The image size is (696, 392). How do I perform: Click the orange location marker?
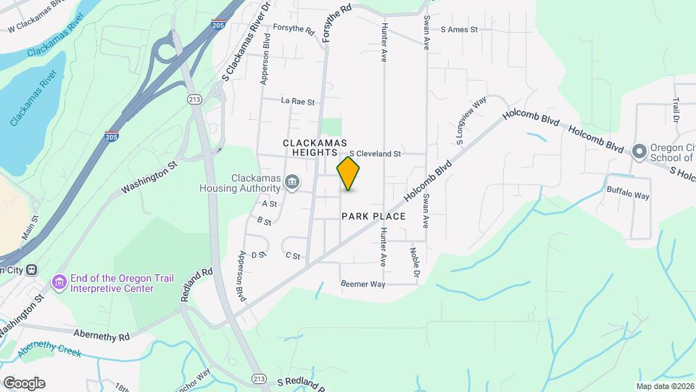349,173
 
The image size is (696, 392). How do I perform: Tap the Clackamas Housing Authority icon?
292,182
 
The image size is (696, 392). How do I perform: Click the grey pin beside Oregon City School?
639,152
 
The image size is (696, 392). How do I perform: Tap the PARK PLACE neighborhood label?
373,216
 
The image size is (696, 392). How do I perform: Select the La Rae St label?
298,102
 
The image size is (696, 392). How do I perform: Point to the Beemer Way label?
362,284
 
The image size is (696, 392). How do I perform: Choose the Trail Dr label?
676,110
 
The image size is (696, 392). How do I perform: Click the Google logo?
23,383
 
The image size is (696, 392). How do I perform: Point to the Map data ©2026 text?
664,386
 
